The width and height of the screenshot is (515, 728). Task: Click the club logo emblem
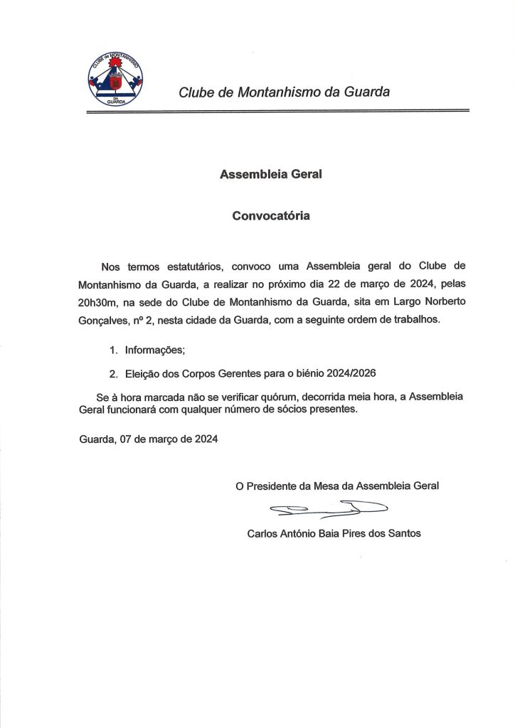pyautogui.click(x=116, y=78)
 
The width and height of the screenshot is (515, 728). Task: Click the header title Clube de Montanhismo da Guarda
pyautogui.click(x=284, y=92)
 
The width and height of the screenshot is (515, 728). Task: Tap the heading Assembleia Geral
pyautogui.click(x=271, y=173)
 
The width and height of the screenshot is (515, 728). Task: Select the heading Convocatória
pyautogui.click(x=271, y=215)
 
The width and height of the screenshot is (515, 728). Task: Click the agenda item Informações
pyautogui.click(x=155, y=350)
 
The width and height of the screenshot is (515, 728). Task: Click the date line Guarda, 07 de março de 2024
pyautogui.click(x=149, y=440)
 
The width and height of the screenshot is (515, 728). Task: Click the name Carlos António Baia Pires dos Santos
pyautogui.click(x=334, y=533)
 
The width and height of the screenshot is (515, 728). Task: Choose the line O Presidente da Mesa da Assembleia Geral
pyautogui.click(x=337, y=486)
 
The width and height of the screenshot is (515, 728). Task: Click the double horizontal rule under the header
pyautogui.click(x=278, y=112)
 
